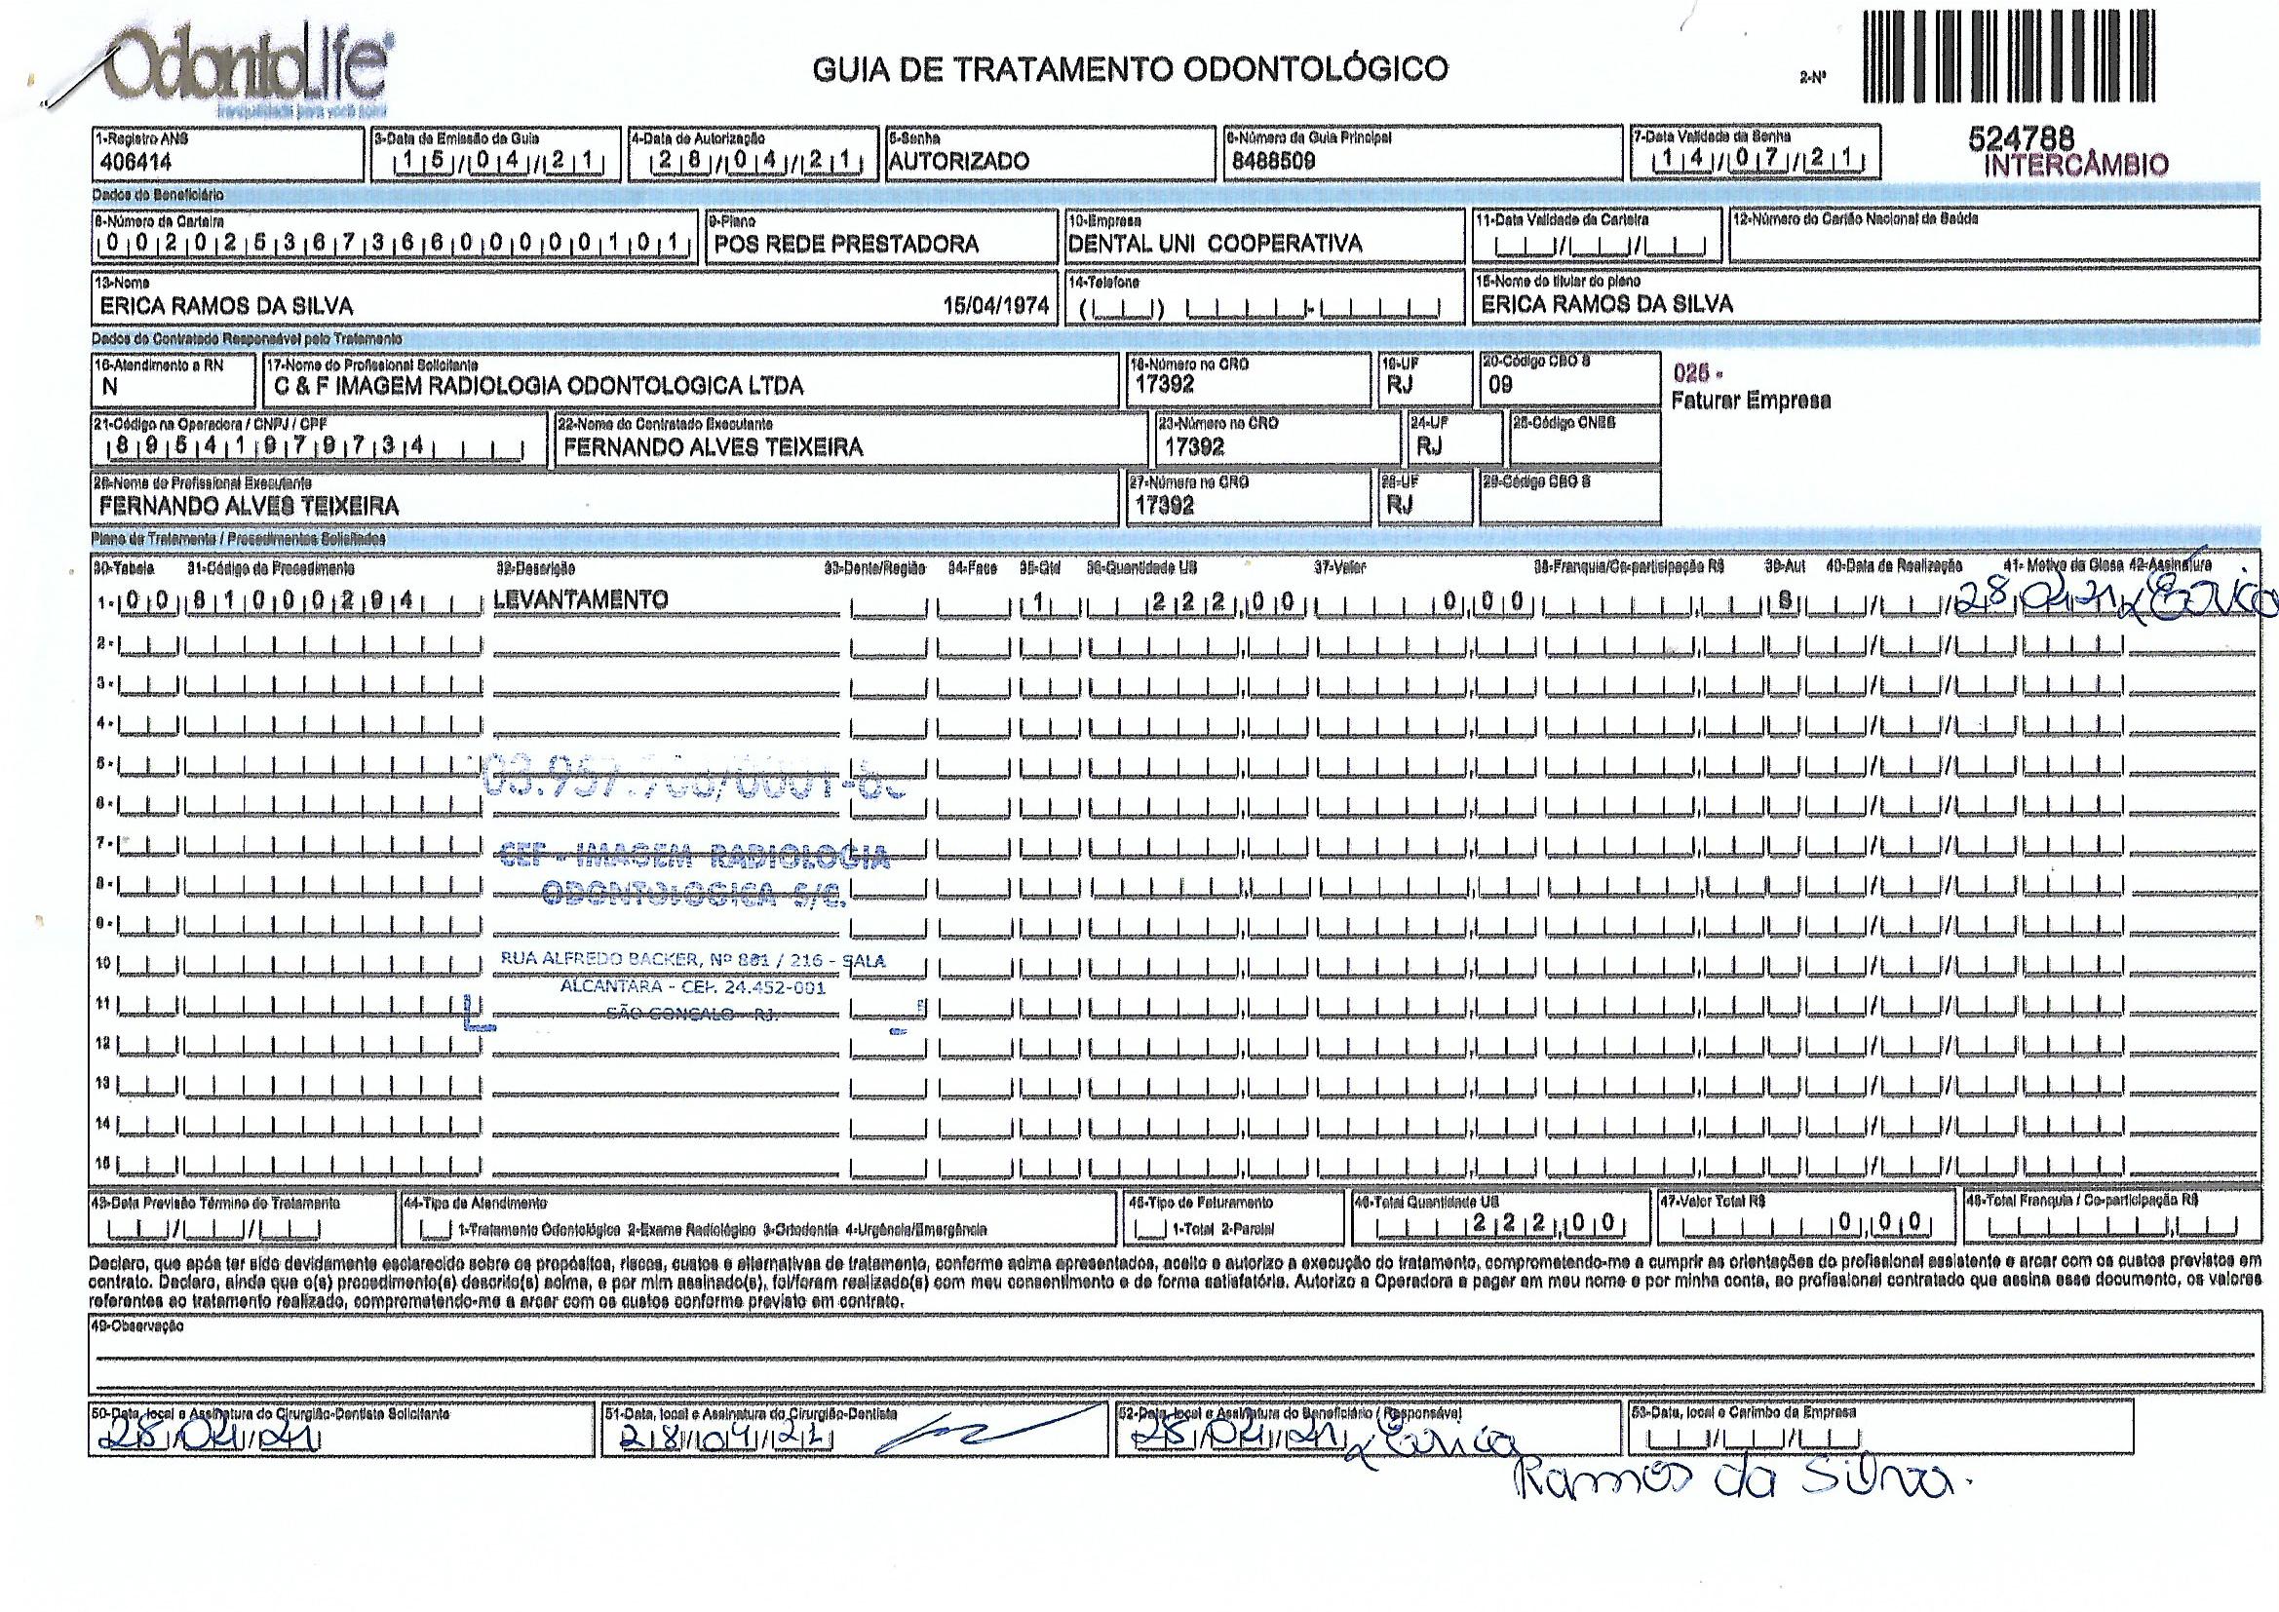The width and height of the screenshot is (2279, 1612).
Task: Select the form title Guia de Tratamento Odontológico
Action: tap(1130, 68)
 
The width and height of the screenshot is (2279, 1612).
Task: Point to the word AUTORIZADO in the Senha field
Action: tap(959, 162)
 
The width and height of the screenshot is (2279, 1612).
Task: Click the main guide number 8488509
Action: tap(1269, 162)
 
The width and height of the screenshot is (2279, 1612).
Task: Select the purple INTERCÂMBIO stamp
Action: tap(2075, 165)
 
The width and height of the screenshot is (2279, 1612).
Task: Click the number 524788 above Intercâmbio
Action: tap(2021, 141)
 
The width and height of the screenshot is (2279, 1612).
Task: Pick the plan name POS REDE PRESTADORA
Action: tap(846, 245)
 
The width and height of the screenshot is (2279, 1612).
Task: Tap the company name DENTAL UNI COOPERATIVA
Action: tap(1215, 245)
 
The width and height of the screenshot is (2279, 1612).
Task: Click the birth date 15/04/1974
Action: tap(995, 306)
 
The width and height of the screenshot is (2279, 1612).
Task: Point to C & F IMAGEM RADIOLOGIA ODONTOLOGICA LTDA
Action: tap(538, 386)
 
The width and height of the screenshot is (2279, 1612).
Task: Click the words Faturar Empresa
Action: tap(1750, 401)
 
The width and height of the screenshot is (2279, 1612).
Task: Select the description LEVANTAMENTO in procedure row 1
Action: tap(580, 599)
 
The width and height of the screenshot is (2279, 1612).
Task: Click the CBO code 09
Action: tap(1500, 385)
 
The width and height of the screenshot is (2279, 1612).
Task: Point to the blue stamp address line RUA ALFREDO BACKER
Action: tap(692, 960)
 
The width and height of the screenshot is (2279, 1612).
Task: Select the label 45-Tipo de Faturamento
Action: tap(1200, 1203)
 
